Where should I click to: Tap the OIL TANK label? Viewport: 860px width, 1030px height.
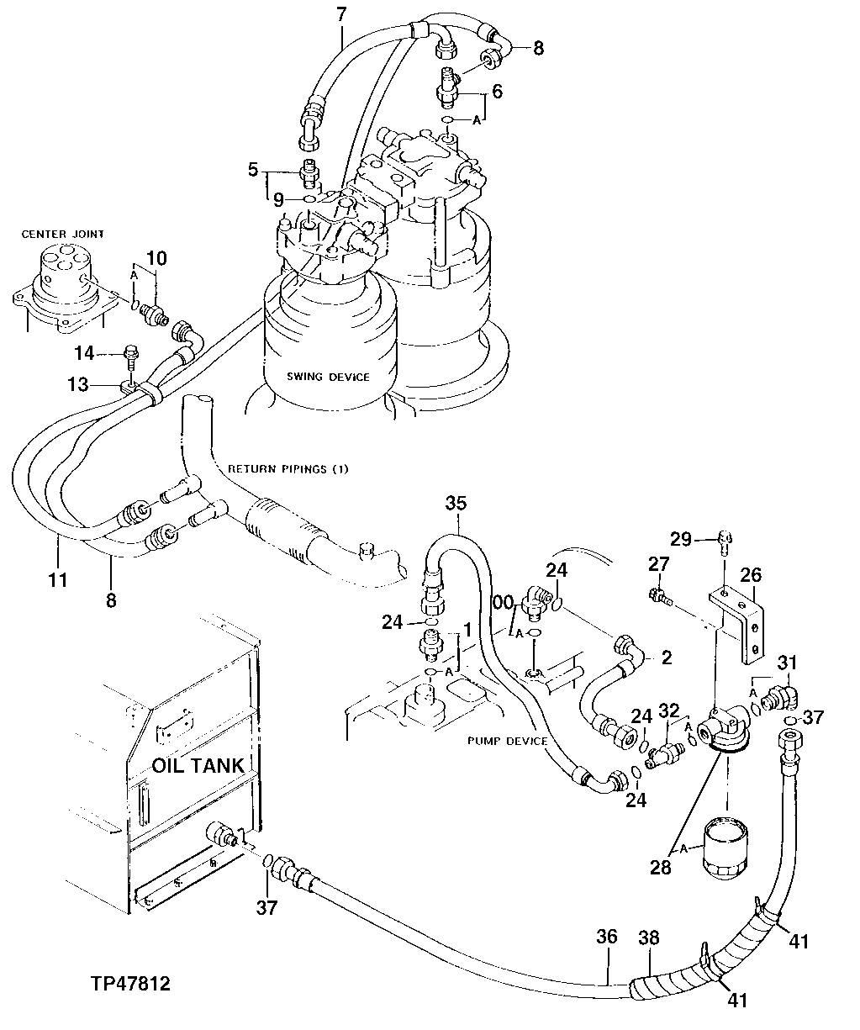tap(198, 765)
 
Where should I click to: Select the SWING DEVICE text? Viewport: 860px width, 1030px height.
tap(327, 377)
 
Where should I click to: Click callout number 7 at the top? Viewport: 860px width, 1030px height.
tap(340, 14)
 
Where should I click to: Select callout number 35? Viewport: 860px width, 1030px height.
tap(455, 504)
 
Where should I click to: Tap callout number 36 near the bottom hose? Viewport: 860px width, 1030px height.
tap(607, 937)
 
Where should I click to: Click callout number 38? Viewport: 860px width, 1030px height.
tap(648, 937)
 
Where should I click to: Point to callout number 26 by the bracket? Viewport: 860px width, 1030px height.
tap(750, 575)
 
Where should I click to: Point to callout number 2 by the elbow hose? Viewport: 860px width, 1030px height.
tap(666, 658)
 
